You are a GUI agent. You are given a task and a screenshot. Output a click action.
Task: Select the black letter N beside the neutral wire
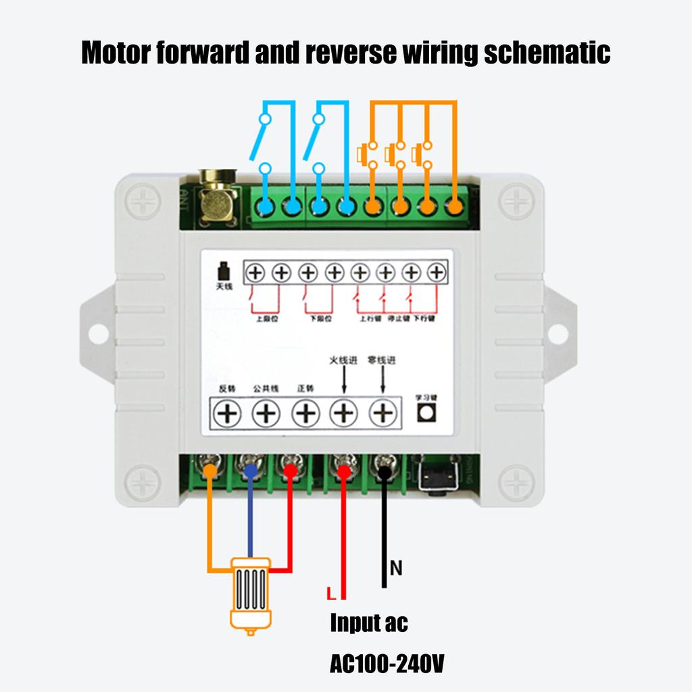tap(396, 569)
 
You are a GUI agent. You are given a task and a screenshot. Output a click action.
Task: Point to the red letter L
tap(330, 595)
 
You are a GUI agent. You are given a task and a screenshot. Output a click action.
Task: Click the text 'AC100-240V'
tap(387, 664)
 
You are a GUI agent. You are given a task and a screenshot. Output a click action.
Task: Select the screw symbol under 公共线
tap(266, 413)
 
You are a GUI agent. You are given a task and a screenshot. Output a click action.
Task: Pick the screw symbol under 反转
tap(227, 413)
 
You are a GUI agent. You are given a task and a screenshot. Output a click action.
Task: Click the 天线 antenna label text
tap(223, 287)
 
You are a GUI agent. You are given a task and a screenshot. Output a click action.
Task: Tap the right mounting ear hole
tap(558, 332)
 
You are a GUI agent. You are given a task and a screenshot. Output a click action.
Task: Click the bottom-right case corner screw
tap(516, 483)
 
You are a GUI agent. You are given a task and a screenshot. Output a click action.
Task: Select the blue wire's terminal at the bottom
tap(251, 469)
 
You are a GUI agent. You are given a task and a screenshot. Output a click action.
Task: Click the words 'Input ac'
tap(369, 622)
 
